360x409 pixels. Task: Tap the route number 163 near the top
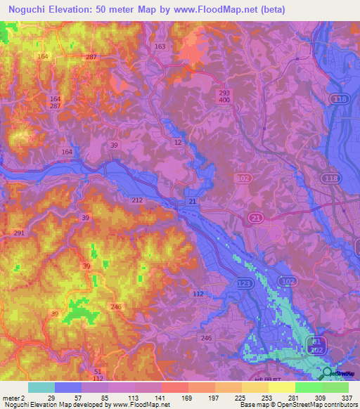[160, 46]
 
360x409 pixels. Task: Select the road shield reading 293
[224, 93]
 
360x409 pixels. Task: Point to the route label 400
[224, 100]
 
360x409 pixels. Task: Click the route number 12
[178, 143]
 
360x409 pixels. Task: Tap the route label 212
[137, 200]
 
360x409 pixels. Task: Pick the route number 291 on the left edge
[19, 233]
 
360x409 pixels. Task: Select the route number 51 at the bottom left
[98, 372]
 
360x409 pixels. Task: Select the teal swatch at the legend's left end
[41, 387]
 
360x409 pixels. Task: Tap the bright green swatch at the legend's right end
[335, 387]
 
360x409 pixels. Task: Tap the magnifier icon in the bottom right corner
[328, 375]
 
